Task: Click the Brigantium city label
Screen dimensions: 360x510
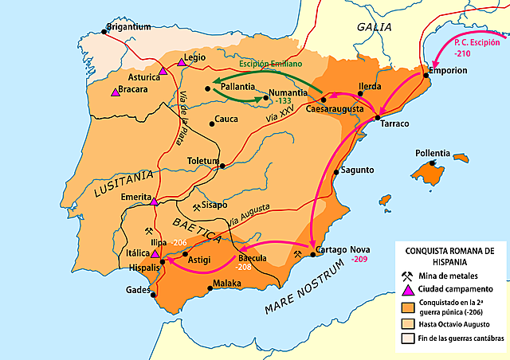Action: tap(129, 26)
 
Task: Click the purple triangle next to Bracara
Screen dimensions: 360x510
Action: tap(116, 93)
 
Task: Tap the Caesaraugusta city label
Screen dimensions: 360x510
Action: tap(335, 109)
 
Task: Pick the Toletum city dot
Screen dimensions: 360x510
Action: tap(222, 166)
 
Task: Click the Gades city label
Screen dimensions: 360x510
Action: tap(138, 290)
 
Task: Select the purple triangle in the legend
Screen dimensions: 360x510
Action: tap(407, 289)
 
